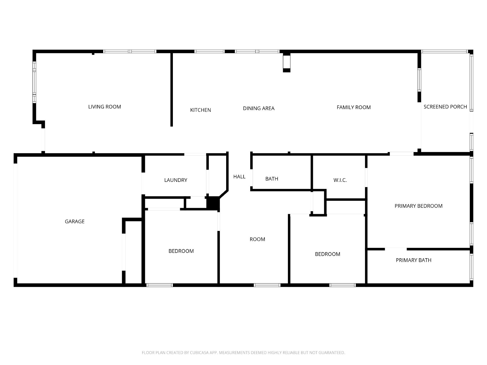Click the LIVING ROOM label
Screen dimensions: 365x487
(104, 107)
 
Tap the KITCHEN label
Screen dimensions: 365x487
(200, 110)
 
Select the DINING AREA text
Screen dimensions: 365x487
(258, 108)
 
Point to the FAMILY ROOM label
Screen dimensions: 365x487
(353, 107)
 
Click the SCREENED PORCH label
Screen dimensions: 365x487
(445, 107)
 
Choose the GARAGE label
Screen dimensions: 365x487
(75, 221)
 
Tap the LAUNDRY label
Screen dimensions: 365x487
(176, 180)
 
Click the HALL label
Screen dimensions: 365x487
(239, 176)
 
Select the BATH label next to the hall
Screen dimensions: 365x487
(272, 179)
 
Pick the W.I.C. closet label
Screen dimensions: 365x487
(340, 180)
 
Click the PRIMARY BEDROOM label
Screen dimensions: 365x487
(418, 206)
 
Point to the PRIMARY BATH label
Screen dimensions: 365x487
(413, 260)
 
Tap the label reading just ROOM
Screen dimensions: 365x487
(257, 239)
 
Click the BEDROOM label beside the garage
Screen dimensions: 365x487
(181, 251)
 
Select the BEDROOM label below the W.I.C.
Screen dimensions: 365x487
(328, 254)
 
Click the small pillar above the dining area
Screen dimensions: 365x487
(287, 62)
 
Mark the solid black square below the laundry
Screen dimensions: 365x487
(213, 203)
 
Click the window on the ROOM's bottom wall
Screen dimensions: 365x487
(267, 285)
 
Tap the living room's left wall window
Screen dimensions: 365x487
(34, 82)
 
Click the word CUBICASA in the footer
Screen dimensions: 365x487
(199, 353)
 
